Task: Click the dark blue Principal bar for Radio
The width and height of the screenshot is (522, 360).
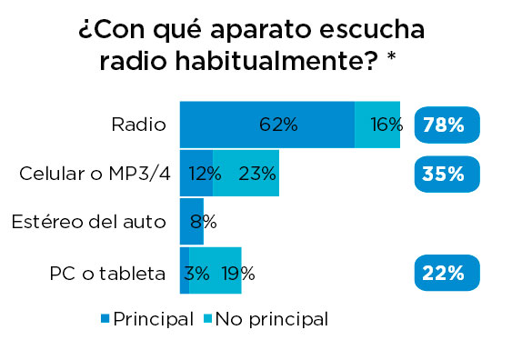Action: pyautogui.click(x=266, y=125)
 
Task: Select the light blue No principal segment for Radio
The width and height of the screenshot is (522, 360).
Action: pyautogui.click(x=377, y=125)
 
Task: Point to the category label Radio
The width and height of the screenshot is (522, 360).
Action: pyautogui.click(x=138, y=125)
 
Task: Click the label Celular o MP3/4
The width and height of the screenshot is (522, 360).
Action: pyautogui.click(x=95, y=174)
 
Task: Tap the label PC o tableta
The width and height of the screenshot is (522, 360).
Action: pyautogui.click(x=107, y=272)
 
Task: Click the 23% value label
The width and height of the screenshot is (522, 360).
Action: pyautogui.click(x=257, y=174)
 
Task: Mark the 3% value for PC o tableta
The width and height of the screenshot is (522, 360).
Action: pyautogui.click(x=197, y=272)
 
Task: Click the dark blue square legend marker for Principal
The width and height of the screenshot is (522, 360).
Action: pyautogui.click(x=105, y=319)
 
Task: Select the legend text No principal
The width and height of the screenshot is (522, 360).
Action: pyautogui.click(x=270, y=319)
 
